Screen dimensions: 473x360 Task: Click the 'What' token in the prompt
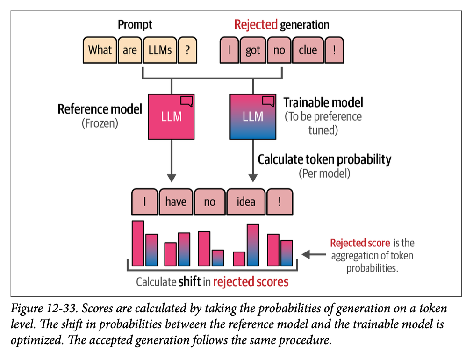pyautogui.click(x=100, y=50)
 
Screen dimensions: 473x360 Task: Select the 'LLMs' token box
pyautogui.click(x=160, y=50)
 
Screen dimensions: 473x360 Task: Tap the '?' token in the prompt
pyautogui.click(x=187, y=50)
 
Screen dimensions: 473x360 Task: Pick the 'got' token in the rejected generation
pyautogui.click(x=253, y=50)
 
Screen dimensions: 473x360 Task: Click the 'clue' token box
pyautogui.click(x=308, y=50)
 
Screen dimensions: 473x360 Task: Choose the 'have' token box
pyautogui.click(x=176, y=202)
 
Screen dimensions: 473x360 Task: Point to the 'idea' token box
pyautogui.click(x=246, y=202)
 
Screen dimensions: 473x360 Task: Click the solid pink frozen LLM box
pyautogui.click(x=171, y=117)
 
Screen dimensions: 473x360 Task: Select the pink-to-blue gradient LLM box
pyautogui.click(x=253, y=117)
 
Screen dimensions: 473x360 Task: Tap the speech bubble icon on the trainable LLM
pyautogui.click(x=268, y=101)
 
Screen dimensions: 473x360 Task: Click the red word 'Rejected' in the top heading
pyautogui.click(x=256, y=25)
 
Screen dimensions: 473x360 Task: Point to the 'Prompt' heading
pyautogui.click(x=135, y=25)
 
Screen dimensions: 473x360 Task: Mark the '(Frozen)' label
pyautogui.click(x=100, y=123)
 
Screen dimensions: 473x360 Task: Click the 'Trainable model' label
pyautogui.click(x=323, y=102)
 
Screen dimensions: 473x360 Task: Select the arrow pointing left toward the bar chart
pyautogui.click(x=314, y=255)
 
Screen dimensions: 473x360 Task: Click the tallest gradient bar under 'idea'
pyautogui.click(x=253, y=245)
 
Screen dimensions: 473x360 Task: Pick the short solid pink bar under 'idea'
pyautogui.click(x=239, y=259)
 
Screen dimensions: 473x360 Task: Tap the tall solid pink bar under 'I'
pyautogui.click(x=138, y=244)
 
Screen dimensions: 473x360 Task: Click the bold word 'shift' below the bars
pyautogui.click(x=189, y=281)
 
